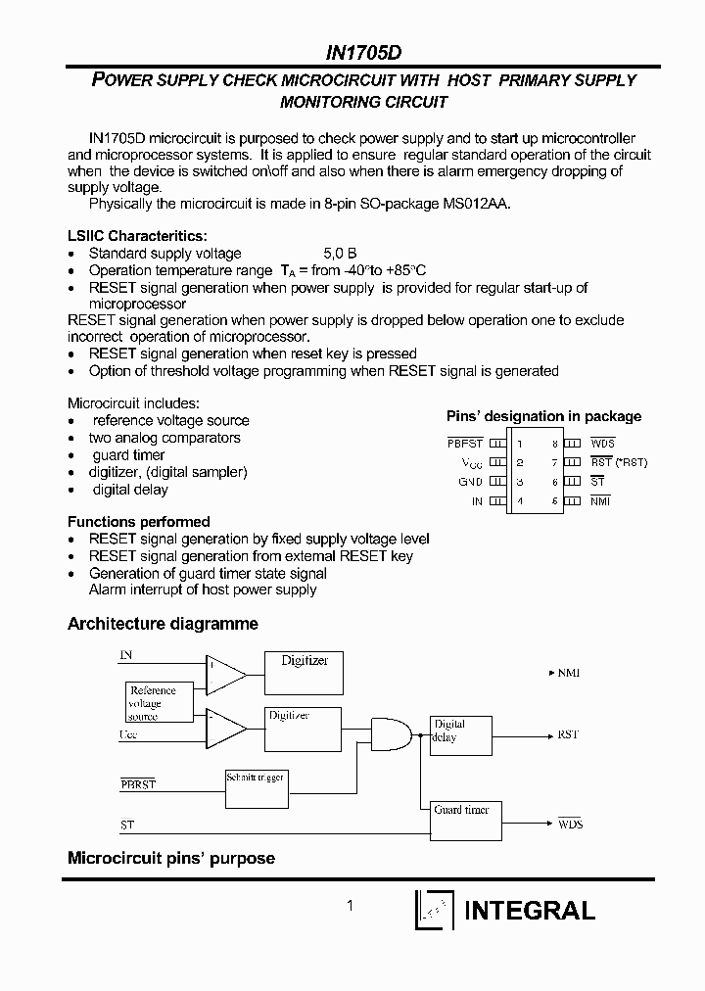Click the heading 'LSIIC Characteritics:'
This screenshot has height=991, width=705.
137,236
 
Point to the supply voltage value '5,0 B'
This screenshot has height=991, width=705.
340,254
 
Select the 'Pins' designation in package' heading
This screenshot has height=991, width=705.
543,416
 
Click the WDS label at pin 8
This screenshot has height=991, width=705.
602,444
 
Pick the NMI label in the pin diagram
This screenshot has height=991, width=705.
599,501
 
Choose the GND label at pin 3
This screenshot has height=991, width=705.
470,482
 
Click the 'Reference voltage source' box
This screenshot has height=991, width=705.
153,703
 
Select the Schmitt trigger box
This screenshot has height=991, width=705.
256,786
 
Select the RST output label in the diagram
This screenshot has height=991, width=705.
568,734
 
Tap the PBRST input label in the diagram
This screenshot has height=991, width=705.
138,784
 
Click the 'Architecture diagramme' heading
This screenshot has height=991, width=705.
163,624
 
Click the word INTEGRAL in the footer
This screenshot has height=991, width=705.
529,910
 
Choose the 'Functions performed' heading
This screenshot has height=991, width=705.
138,522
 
